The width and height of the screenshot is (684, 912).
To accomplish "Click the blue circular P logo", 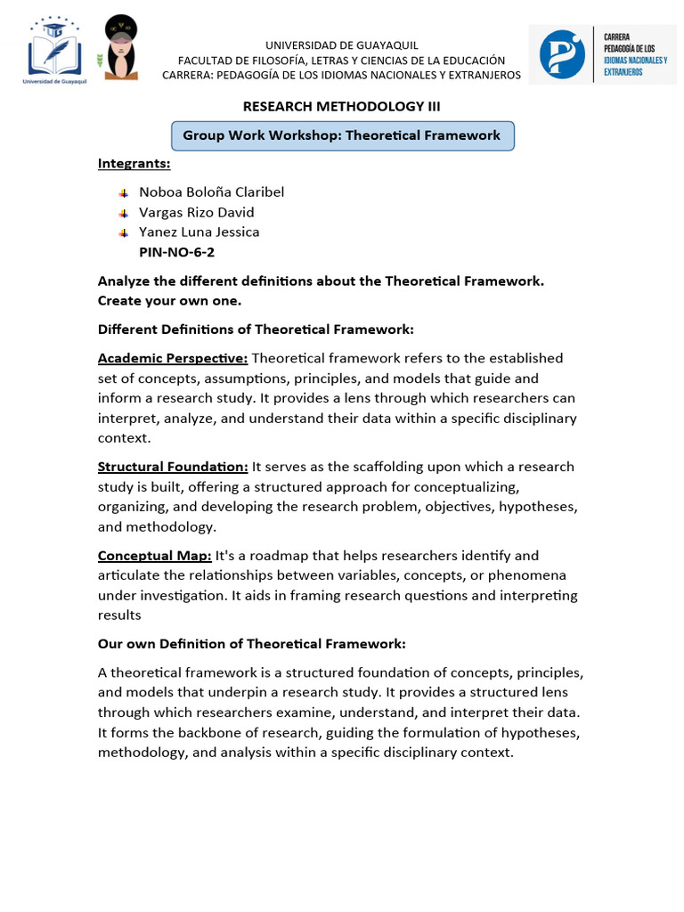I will [563, 53].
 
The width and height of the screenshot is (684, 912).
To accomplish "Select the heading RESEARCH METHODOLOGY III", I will [342, 106].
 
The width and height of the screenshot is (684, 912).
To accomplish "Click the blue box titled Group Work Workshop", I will [342, 135].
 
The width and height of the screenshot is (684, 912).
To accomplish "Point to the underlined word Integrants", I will [134, 163].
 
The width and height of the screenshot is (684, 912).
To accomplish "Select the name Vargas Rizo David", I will [197, 212].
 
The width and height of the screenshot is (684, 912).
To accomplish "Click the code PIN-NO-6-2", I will [176, 252].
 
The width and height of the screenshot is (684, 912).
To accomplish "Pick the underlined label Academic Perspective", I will [173, 358].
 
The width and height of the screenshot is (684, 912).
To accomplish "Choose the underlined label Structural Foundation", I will [173, 467].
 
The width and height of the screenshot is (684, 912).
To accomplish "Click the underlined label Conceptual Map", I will [154, 556].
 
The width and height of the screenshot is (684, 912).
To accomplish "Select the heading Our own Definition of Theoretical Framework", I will [251, 643].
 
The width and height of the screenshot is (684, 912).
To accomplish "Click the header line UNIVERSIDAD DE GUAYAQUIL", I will [342, 45].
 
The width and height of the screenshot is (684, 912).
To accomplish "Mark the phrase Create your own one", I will [169, 301].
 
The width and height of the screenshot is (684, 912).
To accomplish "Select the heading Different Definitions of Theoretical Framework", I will [256, 330].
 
